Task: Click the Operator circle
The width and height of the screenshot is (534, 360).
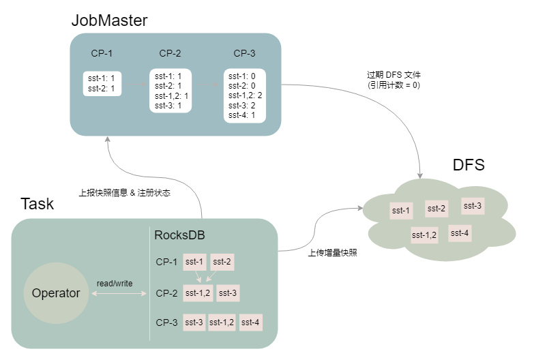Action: [x=56, y=294]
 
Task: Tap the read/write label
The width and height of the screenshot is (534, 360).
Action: [x=115, y=283]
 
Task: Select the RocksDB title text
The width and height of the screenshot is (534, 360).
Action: [x=180, y=236]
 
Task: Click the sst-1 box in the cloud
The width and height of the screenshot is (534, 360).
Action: [x=401, y=211]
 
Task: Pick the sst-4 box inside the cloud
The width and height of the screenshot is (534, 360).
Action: [x=460, y=233]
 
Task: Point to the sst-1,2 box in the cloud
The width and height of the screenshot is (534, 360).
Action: [x=424, y=235]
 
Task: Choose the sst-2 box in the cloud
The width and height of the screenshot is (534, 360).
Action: [x=436, y=209]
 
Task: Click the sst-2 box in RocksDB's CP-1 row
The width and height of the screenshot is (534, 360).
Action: [x=222, y=261]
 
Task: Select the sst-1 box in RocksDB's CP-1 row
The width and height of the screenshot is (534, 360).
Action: [x=194, y=261]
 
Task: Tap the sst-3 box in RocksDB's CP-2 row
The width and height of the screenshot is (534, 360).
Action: [x=227, y=293]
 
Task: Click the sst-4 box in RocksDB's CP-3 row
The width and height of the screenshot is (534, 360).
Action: [x=250, y=322]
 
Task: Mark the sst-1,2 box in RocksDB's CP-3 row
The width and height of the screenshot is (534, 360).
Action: [x=222, y=322]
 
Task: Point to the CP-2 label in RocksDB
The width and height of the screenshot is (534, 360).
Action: [x=166, y=293]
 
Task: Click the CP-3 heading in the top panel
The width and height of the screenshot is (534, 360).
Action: [x=244, y=53]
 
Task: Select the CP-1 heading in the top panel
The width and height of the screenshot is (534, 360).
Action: [x=102, y=53]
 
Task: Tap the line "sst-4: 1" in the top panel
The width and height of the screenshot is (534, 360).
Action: [x=241, y=115]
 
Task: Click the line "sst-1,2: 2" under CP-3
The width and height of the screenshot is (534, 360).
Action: [x=245, y=95]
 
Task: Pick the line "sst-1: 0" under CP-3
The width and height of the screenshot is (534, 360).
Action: [x=241, y=76]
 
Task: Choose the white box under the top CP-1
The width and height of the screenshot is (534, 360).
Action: [x=102, y=83]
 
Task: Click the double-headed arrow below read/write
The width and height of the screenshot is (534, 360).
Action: [x=119, y=294]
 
